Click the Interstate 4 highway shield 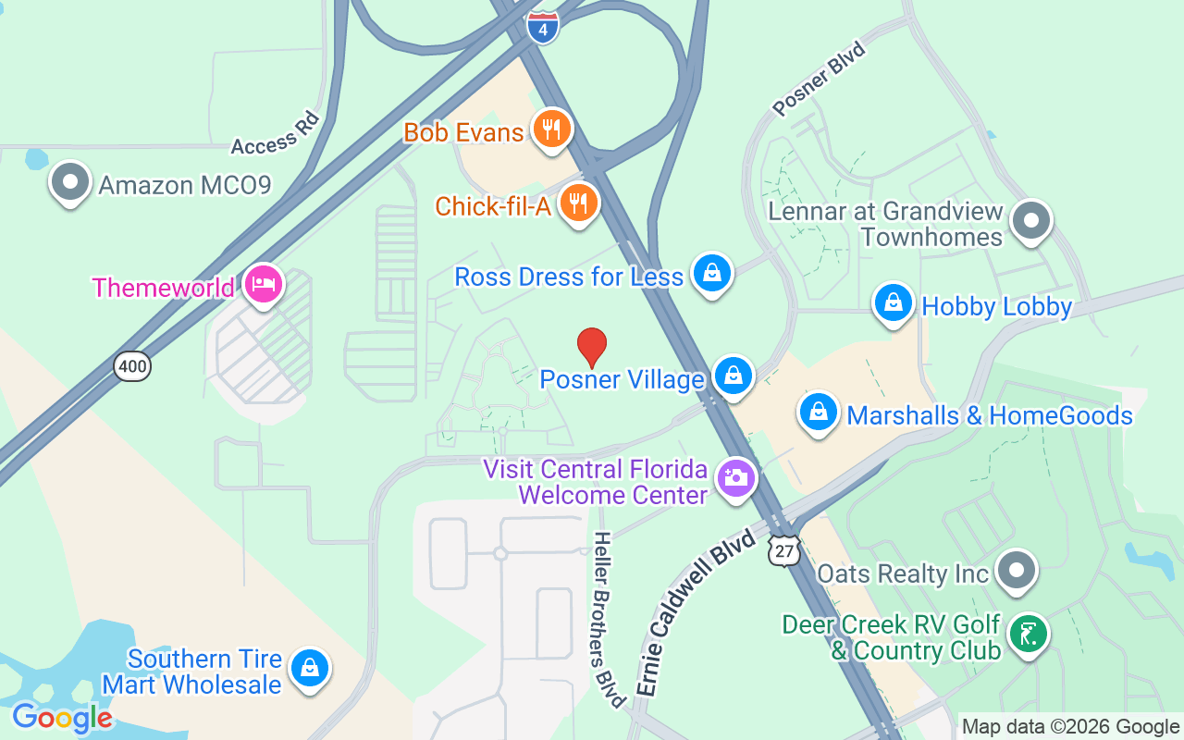point(543,27)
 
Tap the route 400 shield point(133,367)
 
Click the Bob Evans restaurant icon point(551,129)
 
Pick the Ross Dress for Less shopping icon point(711,274)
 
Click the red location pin point(592,347)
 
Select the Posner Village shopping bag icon point(734,376)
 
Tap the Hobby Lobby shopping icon point(894,303)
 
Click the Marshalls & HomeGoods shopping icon point(819,413)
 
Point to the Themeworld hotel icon point(264,285)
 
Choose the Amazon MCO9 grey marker point(70,182)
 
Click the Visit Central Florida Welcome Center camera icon point(736,478)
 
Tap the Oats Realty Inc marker point(1017,572)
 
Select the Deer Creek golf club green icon point(1028,634)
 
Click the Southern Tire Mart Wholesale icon point(309,669)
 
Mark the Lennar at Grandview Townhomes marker point(1030,222)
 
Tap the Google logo point(62,718)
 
